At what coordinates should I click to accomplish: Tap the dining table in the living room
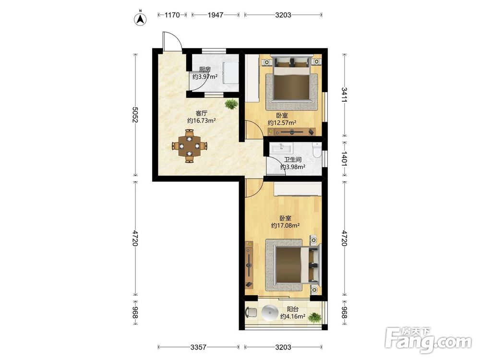190,146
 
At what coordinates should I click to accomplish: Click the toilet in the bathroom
317,150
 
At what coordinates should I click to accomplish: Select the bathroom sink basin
281,148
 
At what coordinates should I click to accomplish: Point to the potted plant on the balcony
314,317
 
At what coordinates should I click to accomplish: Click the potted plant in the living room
231,104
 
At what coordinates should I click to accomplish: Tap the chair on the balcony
251,312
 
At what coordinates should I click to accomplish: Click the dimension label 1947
216,15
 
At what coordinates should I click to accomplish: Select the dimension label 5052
135,115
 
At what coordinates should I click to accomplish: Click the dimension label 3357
198,347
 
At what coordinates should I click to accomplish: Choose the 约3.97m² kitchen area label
205,76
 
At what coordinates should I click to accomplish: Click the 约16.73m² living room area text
202,120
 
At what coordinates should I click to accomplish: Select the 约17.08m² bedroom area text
285,226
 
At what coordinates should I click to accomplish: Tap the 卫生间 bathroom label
293,159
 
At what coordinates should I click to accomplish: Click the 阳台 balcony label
293,309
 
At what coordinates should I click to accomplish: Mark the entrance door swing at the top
172,41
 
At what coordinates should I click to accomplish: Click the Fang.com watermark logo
428,340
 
